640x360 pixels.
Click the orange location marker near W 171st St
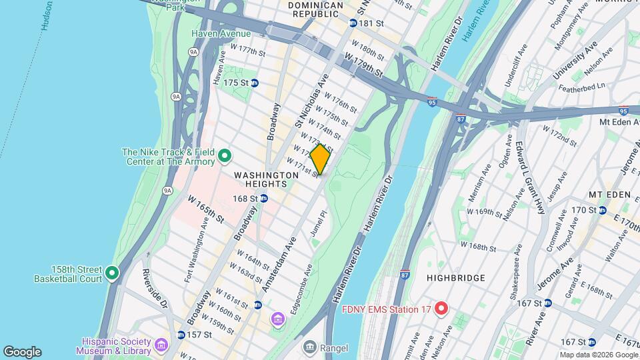point(321,159)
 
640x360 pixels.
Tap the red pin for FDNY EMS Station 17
point(441,309)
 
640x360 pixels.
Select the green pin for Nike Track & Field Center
point(225,157)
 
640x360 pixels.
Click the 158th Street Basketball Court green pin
point(112,273)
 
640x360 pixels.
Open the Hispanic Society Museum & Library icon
point(161,345)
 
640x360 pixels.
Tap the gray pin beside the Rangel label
point(309,347)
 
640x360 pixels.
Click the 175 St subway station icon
point(255,83)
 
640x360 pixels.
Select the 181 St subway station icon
point(353,23)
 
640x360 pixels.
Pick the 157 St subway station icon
point(181,335)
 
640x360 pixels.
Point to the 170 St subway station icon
point(603,210)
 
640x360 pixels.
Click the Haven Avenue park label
point(221,33)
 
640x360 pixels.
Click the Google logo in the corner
point(22,351)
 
